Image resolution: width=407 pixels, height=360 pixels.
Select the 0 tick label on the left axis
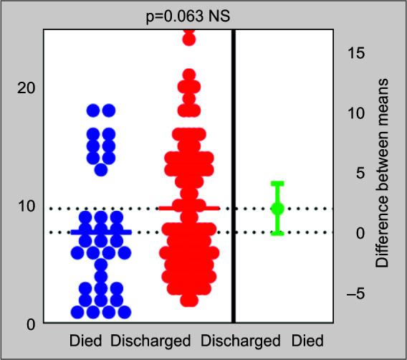click(29, 324)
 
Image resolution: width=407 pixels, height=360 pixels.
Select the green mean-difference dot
click(277, 208)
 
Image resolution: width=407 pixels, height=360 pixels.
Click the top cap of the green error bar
click(277, 183)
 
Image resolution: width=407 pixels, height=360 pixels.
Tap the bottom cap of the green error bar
click(277, 233)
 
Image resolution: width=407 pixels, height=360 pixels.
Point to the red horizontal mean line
click(188, 208)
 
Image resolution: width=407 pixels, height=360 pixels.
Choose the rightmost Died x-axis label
click(307, 340)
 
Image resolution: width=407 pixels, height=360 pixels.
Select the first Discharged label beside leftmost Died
click(150, 340)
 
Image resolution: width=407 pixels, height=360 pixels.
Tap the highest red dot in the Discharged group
click(188, 38)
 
